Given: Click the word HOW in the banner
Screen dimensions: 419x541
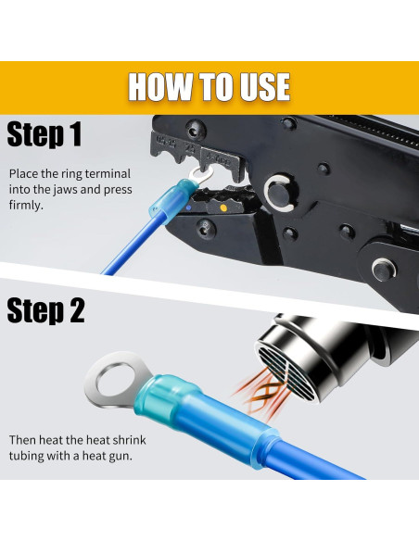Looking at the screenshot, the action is (x=160, y=86).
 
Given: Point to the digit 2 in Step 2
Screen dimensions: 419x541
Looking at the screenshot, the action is (x=76, y=310).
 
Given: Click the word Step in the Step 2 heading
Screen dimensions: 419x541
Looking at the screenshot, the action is (x=33, y=311).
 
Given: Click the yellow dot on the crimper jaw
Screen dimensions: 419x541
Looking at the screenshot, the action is (x=223, y=208).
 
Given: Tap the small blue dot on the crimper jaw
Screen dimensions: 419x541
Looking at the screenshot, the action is (x=188, y=208).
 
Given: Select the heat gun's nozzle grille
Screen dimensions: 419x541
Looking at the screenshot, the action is (x=286, y=372).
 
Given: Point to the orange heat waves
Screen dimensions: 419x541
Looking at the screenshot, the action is (x=260, y=392).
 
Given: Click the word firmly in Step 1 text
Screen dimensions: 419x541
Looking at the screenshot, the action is (x=26, y=206).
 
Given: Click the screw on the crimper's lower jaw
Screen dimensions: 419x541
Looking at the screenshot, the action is (x=206, y=229).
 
